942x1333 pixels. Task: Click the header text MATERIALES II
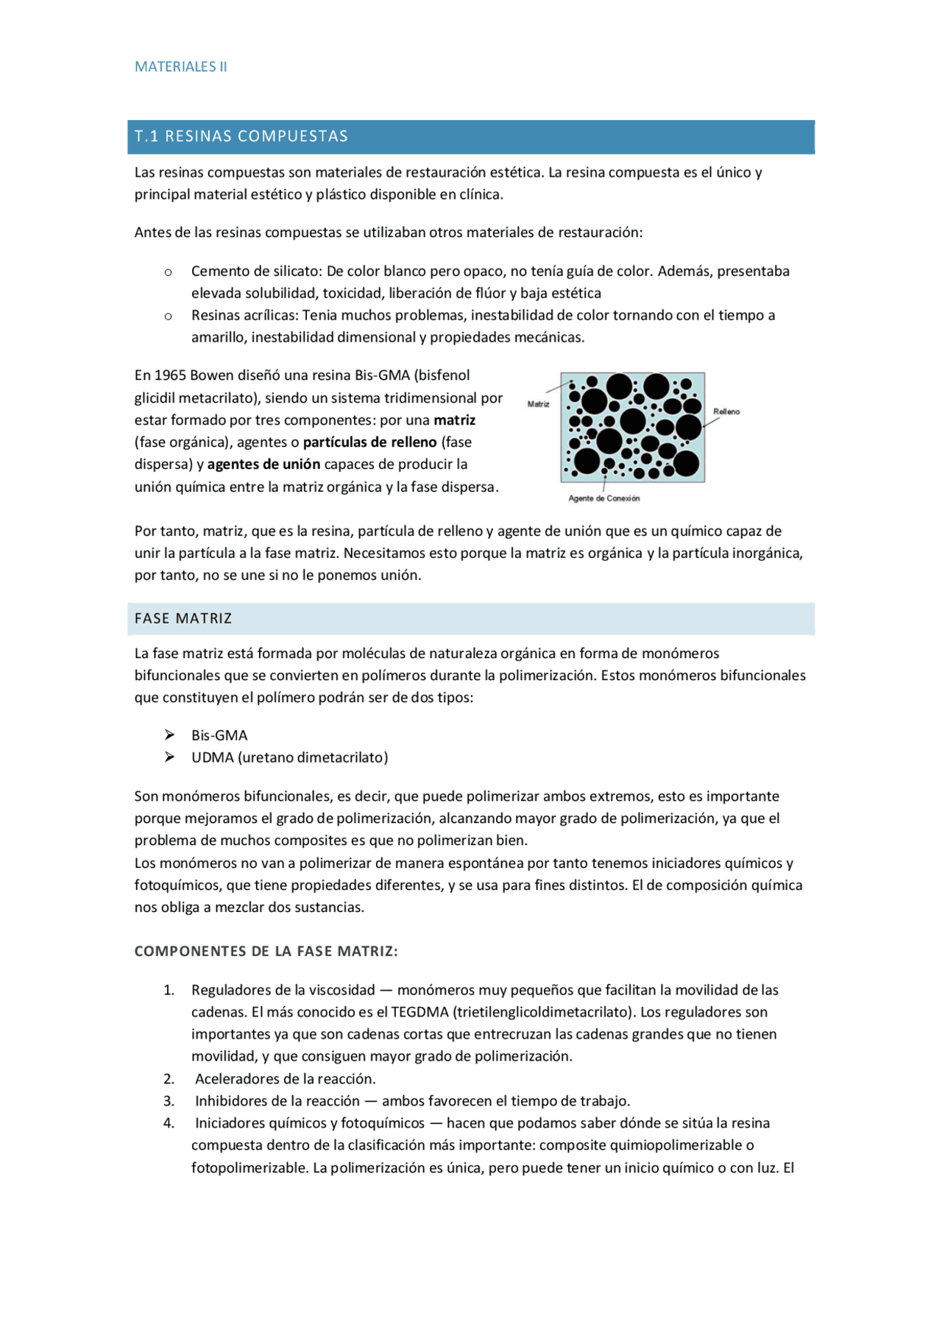pyautogui.click(x=180, y=67)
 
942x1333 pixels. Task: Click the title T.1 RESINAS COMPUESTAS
pyautogui.click(x=241, y=136)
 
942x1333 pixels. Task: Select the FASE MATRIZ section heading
pyautogui.click(x=183, y=618)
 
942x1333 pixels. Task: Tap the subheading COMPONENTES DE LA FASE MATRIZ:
pyautogui.click(x=266, y=951)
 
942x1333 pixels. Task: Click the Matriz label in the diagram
pyautogui.click(x=538, y=404)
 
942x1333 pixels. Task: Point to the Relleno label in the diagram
pyautogui.click(x=726, y=411)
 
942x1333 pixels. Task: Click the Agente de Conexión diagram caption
pyautogui.click(x=603, y=498)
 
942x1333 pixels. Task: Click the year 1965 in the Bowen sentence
pyautogui.click(x=169, y=375)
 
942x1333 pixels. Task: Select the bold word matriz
pyautogui.click(x=454, y=420)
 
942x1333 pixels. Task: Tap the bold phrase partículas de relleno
pyautogui.click(x=369, y=442)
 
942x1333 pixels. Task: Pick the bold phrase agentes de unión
pyautogui.click(x=263, y=464)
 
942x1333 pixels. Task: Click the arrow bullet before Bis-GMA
pyautogui.click(x=169, y=735)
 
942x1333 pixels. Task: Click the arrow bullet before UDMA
pyautogui.click(x=169, y=757)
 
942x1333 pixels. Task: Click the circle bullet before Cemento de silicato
pyautogui.click(x=169, y=272)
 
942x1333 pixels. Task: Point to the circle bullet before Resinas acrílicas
pyautogui.click(x=169, y=317)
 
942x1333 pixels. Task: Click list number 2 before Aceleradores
pyautogui.click(x=169, y=1079)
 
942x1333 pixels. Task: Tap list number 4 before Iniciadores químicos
pyautogui.click(x=169, y=1123)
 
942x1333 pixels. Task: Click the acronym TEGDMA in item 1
pyautogui.click(x=419, y=1012)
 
